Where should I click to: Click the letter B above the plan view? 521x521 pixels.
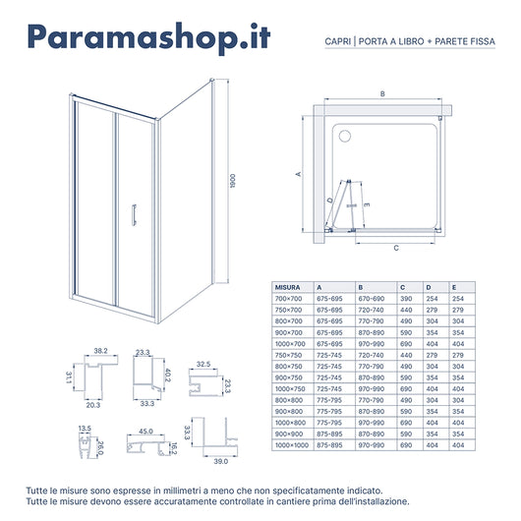(x=381, y=94)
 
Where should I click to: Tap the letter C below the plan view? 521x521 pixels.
(x=395, y=250)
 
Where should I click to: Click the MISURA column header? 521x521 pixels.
(x=287, y=286)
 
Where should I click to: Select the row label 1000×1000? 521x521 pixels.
(x=291, y=444)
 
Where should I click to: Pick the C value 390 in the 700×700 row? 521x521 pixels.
(x=404, y=297)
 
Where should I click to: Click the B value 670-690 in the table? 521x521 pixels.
(x=371, y=297)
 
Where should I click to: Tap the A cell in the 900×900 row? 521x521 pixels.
(x=329, y=434)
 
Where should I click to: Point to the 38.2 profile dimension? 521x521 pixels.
(x=100, y=351)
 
